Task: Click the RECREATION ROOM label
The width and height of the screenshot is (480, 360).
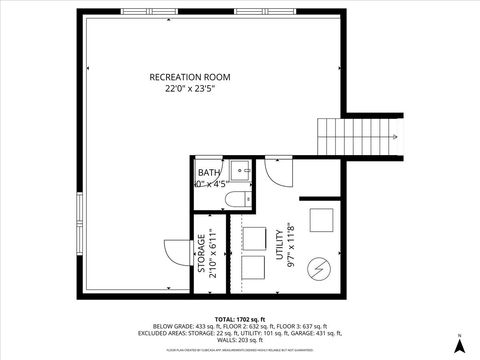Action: [190, 77]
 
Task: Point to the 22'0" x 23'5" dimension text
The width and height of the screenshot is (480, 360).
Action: [190, 89]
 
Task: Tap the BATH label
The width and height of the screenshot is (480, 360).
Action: [208, 172]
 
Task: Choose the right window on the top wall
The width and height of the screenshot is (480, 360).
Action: [251, 12]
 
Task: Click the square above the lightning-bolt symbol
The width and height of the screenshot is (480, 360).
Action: [320, 219]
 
